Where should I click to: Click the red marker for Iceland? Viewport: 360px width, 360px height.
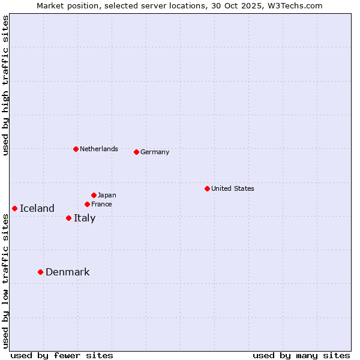[14, 208]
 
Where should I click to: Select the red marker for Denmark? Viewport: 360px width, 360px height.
[40, 272]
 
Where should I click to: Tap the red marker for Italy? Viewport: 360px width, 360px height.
[68, 218]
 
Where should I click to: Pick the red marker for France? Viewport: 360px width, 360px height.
[87, 204]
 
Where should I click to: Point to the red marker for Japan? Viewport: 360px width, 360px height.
[94, 195]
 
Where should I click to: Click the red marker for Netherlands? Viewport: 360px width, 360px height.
[76, 149]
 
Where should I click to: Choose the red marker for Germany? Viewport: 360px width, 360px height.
[136, 152]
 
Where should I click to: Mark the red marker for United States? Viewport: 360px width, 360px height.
[207, 188]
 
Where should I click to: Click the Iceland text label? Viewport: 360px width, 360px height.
[37, 209]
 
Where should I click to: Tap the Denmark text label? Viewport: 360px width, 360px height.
[68, 272]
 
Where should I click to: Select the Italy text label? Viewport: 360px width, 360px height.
[85, 218]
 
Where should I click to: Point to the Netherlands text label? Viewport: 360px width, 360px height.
[99, 149]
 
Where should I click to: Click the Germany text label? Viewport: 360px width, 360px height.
[155, 152]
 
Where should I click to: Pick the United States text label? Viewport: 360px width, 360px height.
[233, 188]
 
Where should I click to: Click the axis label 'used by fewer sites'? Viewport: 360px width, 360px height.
[62, 355]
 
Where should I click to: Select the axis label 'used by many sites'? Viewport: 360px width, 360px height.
[301, 355]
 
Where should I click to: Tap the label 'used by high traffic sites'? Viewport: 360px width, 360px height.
[6, 85]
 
